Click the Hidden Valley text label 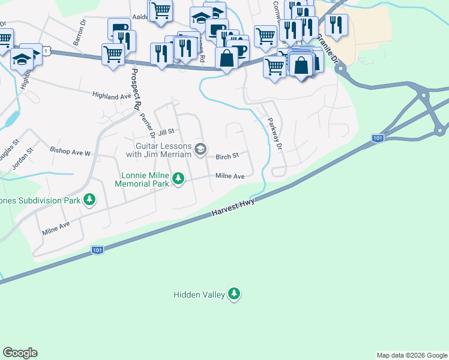point(199,295)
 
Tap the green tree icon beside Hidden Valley point(235,293)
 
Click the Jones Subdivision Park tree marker point(89,199)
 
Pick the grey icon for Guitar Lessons point(201,149)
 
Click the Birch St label point(228,155)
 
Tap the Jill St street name point(166,131)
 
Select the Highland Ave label point(112,95)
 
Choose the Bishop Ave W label point(70,153)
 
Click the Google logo point(20,353)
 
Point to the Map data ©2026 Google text point(412,355)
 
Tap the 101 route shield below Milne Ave point(97,250)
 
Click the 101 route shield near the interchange point(377,139)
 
